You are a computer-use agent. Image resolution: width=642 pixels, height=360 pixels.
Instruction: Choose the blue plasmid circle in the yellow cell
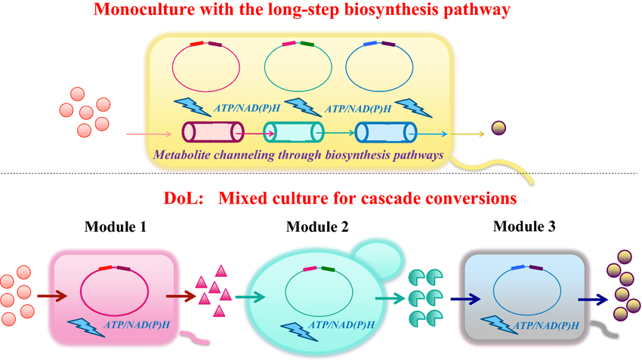(x=375, y=69)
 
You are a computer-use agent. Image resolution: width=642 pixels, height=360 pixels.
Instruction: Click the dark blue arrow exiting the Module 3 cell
(x=594, y=300)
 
